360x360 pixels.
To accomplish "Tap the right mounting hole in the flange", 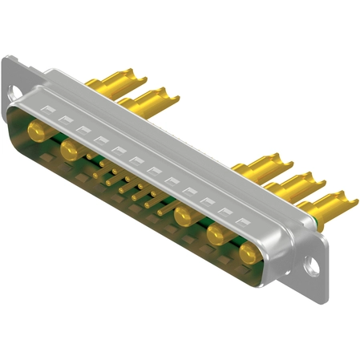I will pyautogui.click(x=313, y=265).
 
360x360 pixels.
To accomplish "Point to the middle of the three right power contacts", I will pyautogui.click(x=216, y=235).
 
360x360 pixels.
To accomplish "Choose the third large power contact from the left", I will pyautogui.click(x=185, y=215).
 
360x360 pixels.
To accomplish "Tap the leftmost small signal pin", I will pyautogui.click(x=97, y=171).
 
